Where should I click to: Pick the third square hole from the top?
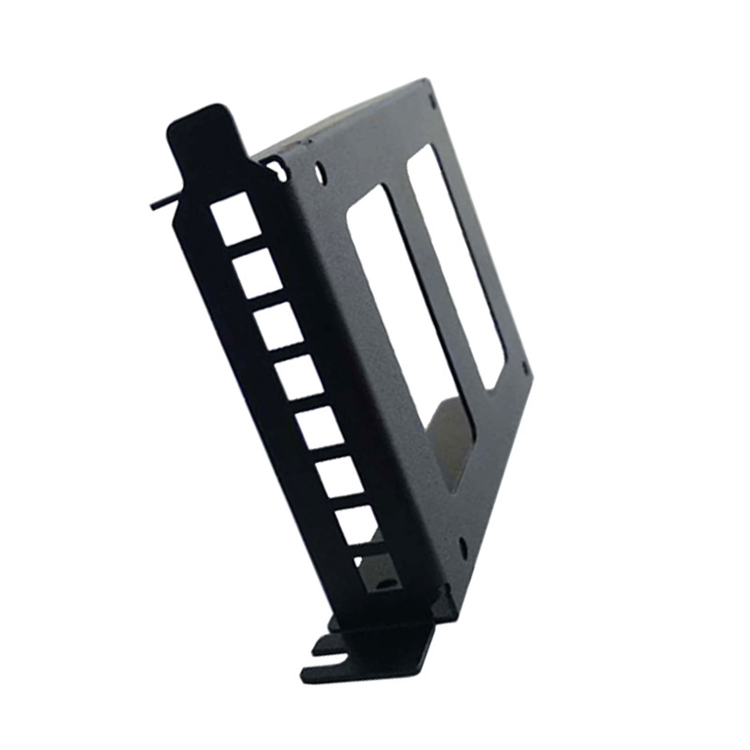click(x=277, y=324)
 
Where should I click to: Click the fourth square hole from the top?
click(x=299, y=375)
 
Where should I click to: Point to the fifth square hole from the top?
click(x=319, y=426)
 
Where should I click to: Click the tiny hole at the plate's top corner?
click(x=431, y=94)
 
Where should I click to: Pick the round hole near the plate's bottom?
click(x=463, y=545)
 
